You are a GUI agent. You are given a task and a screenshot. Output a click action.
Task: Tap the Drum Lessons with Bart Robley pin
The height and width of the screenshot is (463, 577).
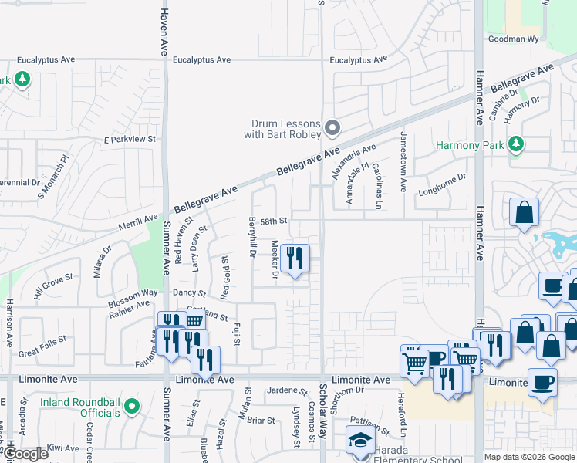332,127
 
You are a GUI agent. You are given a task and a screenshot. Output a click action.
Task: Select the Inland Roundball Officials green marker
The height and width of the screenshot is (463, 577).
132,405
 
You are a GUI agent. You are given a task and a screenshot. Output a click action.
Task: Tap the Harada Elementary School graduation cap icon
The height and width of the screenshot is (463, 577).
359,440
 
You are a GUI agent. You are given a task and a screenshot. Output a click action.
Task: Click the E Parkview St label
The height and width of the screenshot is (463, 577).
130,140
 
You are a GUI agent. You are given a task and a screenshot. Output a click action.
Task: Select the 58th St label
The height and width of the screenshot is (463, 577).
273,221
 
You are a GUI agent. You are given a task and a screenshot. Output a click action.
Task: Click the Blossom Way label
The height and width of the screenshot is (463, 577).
133,294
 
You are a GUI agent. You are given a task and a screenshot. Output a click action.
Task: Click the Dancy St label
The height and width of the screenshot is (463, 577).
189,293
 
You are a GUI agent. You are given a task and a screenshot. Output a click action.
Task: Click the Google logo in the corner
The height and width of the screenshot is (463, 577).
25,454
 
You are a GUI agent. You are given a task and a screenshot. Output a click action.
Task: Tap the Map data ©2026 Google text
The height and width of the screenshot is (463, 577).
529,457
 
